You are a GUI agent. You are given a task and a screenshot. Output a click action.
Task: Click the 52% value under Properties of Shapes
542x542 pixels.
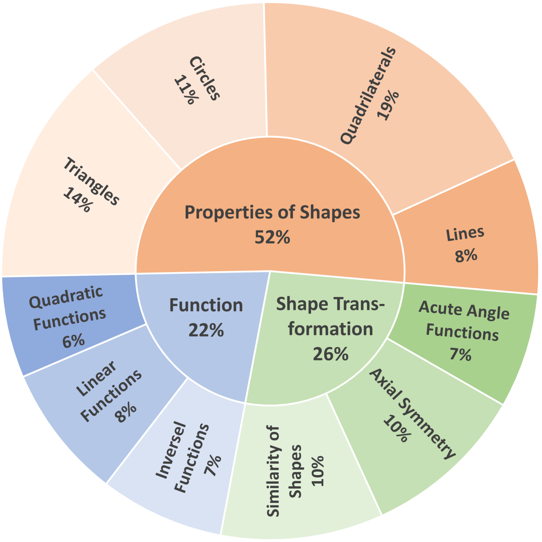tap(272, 237)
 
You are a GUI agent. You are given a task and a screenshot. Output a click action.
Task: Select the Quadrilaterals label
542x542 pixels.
tap(368, 96)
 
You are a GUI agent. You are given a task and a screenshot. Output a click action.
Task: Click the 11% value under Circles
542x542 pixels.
tap(186, 90)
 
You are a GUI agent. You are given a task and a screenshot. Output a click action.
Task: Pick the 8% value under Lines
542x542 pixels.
tap(466, 256)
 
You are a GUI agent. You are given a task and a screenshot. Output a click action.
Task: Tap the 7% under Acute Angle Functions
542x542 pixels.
tap(460, 355)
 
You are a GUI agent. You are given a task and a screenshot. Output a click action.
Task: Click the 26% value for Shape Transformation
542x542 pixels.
tap(330, 354)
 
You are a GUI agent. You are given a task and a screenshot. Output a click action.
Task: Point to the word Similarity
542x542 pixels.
tap(274, 471)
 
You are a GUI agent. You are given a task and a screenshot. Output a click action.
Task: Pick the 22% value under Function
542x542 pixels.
tap(206, 330)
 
